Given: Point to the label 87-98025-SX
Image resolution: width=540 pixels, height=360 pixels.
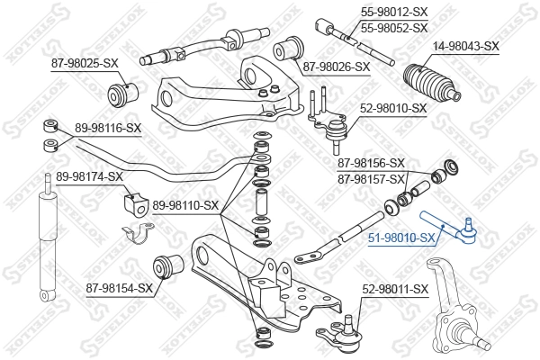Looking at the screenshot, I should (x=79, y=63).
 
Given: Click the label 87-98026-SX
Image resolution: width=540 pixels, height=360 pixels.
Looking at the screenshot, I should (x=336, y=67).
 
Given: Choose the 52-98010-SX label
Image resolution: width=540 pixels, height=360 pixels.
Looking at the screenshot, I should (x=394, y=107).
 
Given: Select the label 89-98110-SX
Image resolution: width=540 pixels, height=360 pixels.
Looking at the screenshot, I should (x=185, y=205).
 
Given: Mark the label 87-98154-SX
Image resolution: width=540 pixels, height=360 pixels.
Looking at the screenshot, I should (x=118, y=288).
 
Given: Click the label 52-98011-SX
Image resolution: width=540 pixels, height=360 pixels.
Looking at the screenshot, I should (x=394, y=289).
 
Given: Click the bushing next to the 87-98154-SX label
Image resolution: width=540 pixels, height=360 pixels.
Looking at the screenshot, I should (x=170, y=265).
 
